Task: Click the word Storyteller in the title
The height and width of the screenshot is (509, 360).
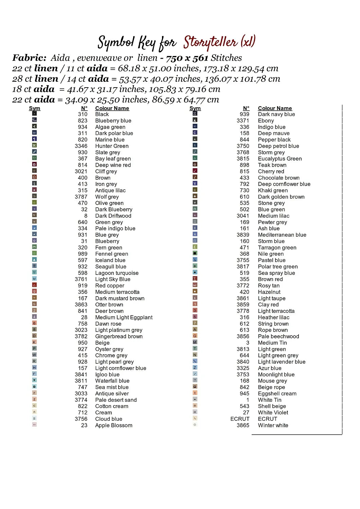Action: point(211,42)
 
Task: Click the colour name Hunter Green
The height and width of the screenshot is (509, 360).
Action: point(112,146)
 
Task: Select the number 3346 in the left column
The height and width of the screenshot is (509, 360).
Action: point(81,146)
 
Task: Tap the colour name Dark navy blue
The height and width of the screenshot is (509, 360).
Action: point(276,114)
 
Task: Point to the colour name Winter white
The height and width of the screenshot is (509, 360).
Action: point(273,425)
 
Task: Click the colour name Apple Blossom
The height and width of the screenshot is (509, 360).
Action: point(114,425)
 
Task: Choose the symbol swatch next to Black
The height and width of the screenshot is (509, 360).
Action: point(34,114)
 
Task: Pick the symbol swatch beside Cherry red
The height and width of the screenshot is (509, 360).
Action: point(195,171)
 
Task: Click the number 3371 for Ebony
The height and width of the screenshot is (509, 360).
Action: point(243,120)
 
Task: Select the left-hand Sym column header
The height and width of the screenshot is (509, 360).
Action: point(35,108)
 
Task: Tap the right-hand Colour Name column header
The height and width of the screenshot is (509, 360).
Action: point(275,108)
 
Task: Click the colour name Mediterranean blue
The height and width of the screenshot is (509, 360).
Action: point(282,235)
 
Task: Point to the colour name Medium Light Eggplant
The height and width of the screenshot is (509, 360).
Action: point(124,317)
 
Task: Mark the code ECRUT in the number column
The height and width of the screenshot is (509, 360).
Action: point(240,419)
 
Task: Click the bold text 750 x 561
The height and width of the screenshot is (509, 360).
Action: point(187,58)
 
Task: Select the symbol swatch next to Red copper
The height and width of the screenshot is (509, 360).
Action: point(34,285)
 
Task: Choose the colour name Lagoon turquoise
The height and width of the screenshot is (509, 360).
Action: point(117,273)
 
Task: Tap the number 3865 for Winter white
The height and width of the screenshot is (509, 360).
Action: point(243,425)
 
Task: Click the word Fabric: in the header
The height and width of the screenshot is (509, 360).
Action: point(30,58)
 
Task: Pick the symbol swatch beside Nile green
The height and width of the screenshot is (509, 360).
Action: point(195,253)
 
